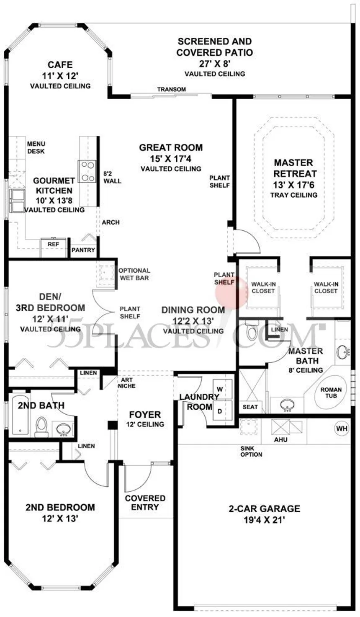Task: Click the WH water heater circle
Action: [x=342, y=429]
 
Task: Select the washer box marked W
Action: [x=222, y=389]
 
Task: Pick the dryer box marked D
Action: [x=222, y=410]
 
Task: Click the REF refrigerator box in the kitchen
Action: [x=54, y=248]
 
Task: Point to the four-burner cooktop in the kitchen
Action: [x=87, y=171]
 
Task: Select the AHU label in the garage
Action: [x=280, y=440]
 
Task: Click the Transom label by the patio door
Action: [x=172, y=89]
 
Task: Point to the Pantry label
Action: [x=83, y=250]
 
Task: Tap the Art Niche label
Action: [x=126, y=383]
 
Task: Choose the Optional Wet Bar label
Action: [x=134, y=274]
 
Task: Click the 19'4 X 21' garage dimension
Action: [x=264, y=520]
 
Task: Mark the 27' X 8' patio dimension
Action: [x=215, y=64]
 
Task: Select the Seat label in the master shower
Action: [x=250, y=407]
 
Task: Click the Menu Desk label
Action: [x=36, y=147]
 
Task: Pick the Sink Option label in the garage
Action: [x=251, y=452]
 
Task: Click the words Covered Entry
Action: [x=145, y=502]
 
